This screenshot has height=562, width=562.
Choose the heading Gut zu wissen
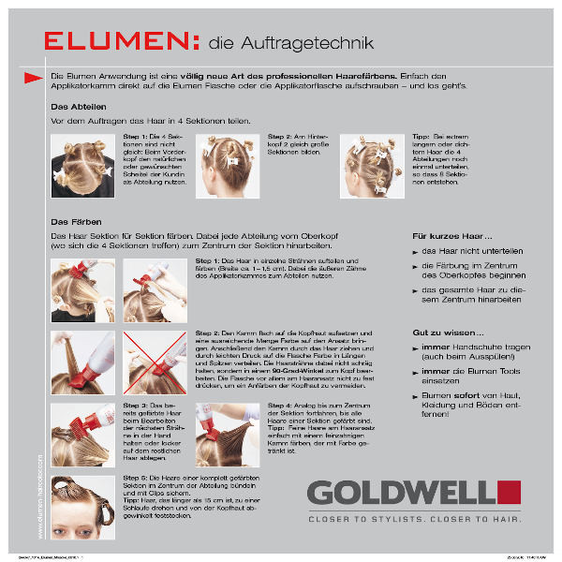tap(446, 333)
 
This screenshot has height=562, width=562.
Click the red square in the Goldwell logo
tap(509, 492)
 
